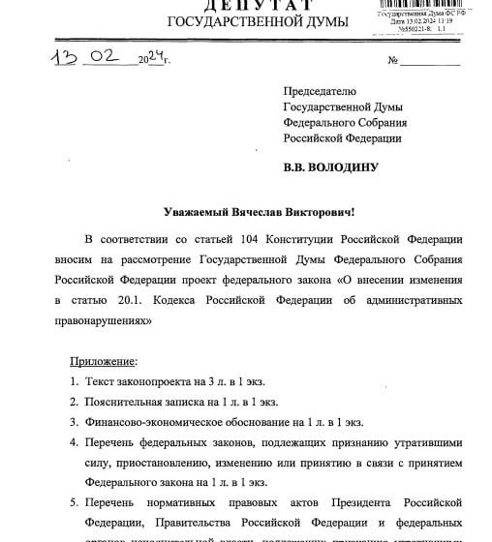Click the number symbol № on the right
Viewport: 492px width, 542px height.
pos(393,61)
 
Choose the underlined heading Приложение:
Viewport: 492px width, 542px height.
pos(104,362)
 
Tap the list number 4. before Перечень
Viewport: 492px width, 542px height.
pos(75,443)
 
